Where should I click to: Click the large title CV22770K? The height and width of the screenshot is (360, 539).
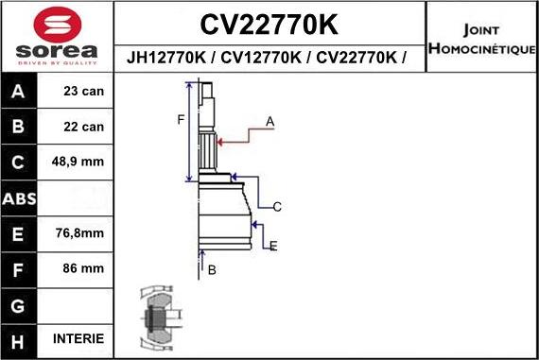[270, 23]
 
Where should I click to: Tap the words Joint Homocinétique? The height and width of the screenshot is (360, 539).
[482, 38]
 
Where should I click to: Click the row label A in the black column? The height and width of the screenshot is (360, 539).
[20, 93]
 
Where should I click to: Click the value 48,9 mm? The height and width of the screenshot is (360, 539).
[78, 162]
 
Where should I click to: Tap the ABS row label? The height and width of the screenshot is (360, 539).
[20, 197]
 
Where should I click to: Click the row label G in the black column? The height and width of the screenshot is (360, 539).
[20, 304]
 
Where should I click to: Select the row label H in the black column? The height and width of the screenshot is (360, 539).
[20, 339]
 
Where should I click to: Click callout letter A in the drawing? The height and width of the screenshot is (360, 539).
[269, 121]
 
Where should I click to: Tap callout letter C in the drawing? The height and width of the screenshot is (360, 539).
[277, 206]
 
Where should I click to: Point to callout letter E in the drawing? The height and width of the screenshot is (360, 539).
[273, 247]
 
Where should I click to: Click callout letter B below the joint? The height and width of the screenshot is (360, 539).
[213, 270]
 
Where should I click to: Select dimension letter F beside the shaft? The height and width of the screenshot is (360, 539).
[180, 119]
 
